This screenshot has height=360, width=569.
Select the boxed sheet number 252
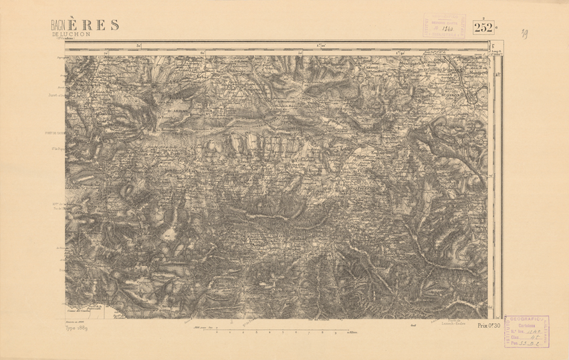[x=483, y=27]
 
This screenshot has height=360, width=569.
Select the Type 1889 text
[x=76, y=328]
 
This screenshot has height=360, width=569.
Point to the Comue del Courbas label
[x=78, y=311]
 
